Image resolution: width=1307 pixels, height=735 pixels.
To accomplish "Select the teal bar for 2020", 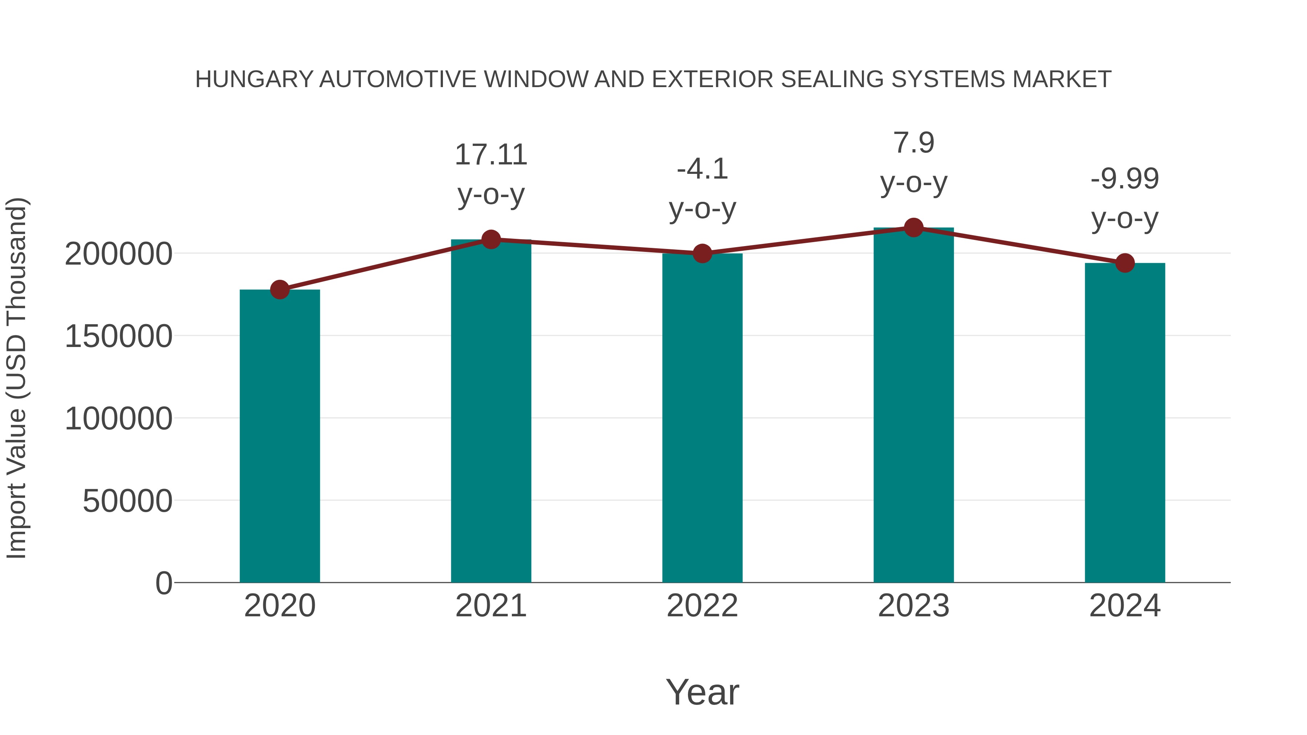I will [x=280, y=436].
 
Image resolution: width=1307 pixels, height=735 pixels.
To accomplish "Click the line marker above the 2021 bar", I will [x=490, y=240].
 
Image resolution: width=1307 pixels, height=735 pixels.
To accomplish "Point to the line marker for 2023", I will [x=913, y=228].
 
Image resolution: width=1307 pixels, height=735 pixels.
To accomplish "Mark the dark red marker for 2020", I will [x=280, y=290].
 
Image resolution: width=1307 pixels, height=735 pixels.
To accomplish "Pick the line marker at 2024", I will [x=1125, y=263].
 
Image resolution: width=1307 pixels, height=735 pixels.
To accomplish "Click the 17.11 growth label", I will [x=490, y=155].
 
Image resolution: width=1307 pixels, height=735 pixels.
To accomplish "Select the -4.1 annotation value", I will [x=702, y=169].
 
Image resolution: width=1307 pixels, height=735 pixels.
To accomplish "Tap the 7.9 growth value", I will [x=913, y=143].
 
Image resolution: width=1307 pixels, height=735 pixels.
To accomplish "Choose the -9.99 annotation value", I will [x=1125, y=179].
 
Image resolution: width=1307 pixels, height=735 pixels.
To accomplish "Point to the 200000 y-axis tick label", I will [x=118, y=254].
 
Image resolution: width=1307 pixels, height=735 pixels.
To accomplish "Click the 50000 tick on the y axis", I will [x=127, y=501].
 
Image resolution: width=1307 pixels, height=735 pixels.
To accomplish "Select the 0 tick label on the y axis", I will [x=163, y=583].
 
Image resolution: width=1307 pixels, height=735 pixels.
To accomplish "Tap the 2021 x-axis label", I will [x=490, y=606].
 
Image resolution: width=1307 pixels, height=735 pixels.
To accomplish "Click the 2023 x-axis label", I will [x=913, y=606].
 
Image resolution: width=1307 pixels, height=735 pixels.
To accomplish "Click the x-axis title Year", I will [x=702, y=692].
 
